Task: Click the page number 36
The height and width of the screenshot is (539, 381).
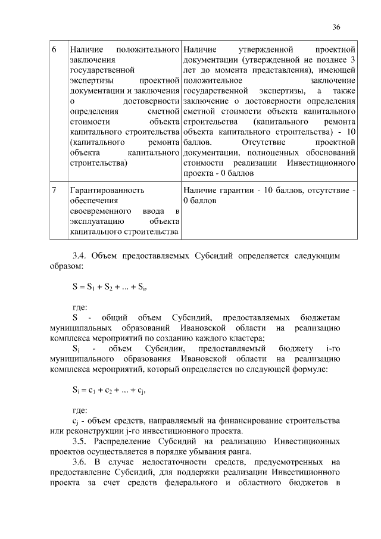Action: pyautogui.click(x=336, y=27)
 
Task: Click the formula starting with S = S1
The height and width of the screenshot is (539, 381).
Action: pyautogui.click(x=110, y=286)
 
